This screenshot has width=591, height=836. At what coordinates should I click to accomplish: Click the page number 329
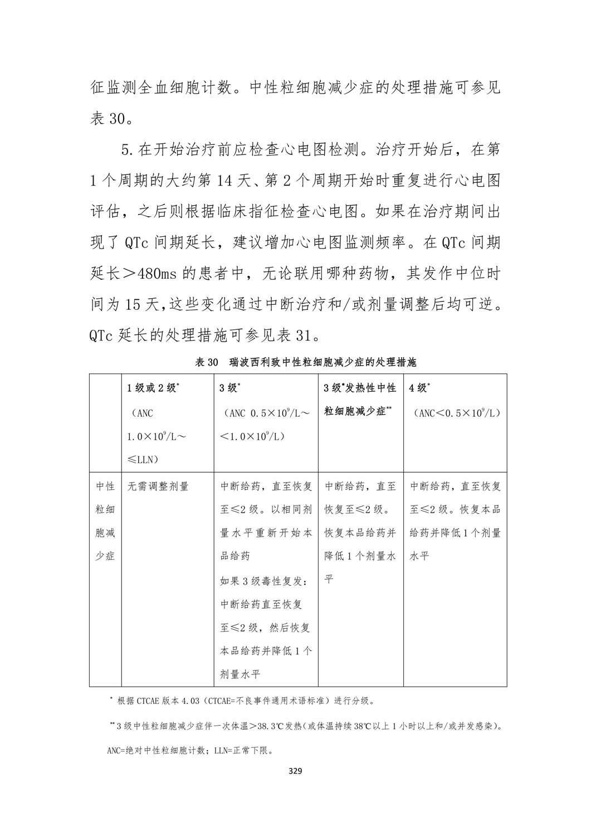tap(295, 771)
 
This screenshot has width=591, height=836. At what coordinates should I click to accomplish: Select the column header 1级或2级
tap(153, 388)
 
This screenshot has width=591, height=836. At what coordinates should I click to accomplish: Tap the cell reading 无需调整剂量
tap(158, 486)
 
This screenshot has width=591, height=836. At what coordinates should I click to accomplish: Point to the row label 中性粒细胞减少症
tap(105, 521)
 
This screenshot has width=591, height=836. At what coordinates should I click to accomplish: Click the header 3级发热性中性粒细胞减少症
tap(360, 400)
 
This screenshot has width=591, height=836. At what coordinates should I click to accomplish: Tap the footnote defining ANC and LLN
tap(189, 750)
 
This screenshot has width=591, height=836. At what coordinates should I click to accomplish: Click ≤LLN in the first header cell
tap(143, 459)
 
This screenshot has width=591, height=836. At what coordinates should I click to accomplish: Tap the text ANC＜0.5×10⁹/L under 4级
tap(455, 413)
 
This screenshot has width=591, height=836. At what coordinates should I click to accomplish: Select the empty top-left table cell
tap(105, 422)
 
